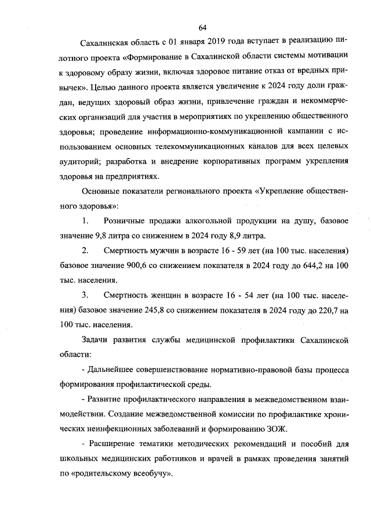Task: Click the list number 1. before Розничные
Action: (85, 222)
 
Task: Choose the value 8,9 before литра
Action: (236, 237)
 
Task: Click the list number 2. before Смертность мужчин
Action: (85, 251)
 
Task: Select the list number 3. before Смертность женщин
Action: (85, 296)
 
